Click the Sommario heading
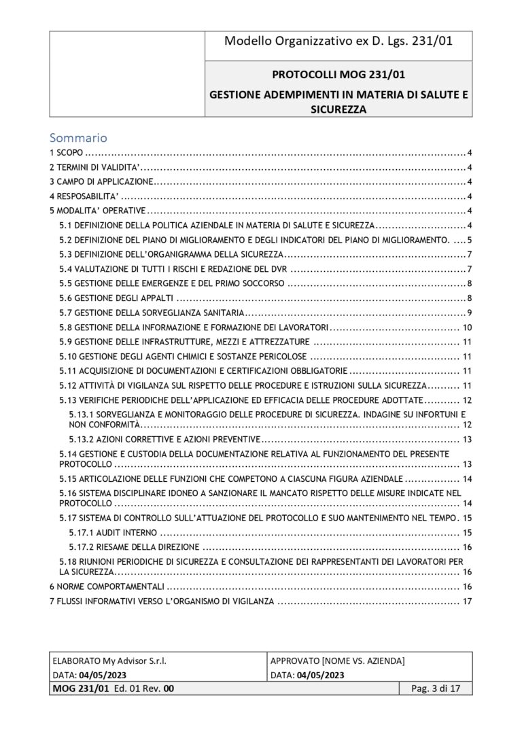pyautogui.click(x=79, y=138)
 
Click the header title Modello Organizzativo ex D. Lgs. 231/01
pyautogui.click(x=338, y=42)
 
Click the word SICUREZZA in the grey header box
pyautogui.click(x=338, y=108)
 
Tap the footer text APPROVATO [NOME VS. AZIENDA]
pyautogui.click(x=337, y=661)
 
